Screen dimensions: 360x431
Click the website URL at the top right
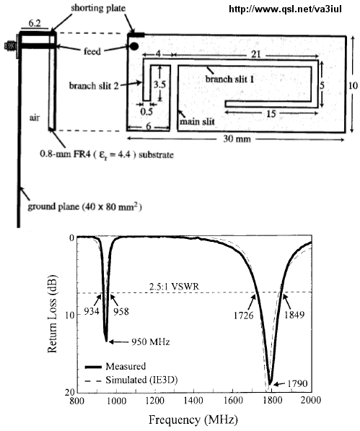pos(285,9)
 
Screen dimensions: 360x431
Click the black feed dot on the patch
pos(133,46)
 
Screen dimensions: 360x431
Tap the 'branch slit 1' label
pos(229,79)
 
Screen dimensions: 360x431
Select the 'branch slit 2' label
pos(94,86)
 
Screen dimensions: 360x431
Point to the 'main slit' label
pos(197,121)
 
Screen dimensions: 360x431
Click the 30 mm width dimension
pos(237,139)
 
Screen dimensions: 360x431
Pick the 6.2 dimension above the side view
pos(35,24)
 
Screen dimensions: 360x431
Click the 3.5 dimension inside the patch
pos(159,84)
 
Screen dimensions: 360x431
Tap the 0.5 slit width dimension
pos(146,112)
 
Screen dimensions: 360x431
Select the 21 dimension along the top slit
pos(255,54)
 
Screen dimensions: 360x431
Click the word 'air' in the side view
pos(35,118)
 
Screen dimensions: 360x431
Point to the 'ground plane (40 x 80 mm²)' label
pos(84,206)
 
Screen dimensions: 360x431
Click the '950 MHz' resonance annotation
pos(151,341)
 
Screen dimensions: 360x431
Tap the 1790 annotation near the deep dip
pos(297,383)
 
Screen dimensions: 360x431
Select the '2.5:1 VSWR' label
pos(174,287)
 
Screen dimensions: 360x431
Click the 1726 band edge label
pos(244,315)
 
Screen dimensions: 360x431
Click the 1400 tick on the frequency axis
pos(193,400)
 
